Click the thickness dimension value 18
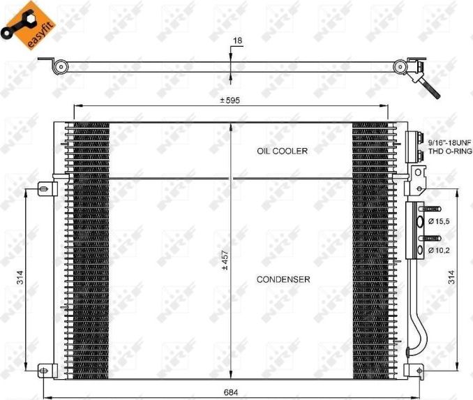tap(237, 41)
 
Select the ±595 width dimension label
tap(230, 101)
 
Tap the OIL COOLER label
tap(282, 151)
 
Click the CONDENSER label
tap(283, 279)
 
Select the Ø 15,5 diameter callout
tap(440, 221)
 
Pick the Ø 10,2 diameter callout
tap(440, 249)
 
